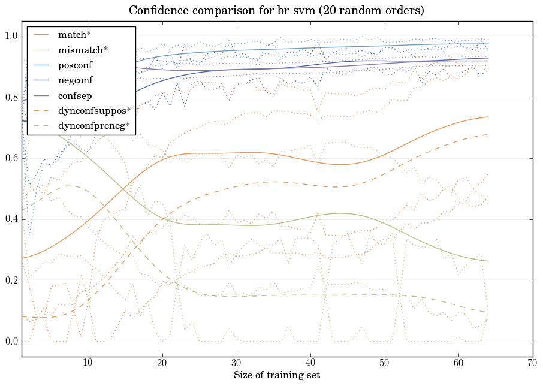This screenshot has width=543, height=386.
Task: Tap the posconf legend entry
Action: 75,65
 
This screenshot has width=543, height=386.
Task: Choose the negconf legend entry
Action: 75,80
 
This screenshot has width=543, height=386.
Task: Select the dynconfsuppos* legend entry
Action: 93,110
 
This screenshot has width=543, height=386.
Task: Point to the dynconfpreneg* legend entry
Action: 93,126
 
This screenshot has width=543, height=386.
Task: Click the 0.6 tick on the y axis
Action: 11,159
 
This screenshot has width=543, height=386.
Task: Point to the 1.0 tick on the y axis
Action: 11,37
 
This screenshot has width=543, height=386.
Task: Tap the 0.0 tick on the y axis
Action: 11,342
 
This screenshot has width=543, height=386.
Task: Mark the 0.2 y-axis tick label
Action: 11,281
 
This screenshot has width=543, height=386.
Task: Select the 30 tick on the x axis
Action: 236,363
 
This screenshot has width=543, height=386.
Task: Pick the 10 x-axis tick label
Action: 88,363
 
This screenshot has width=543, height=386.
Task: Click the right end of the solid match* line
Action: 488,117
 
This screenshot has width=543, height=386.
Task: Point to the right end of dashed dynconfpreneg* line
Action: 488,312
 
